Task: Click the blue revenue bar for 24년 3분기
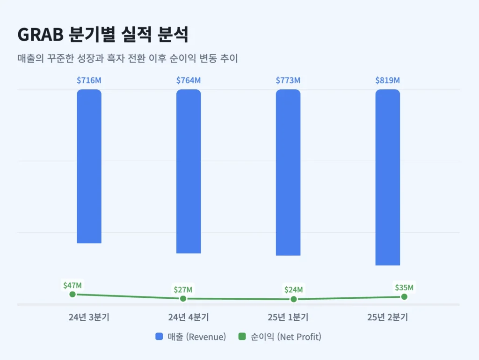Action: (x=89, y=166)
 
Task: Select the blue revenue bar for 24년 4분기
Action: (x=189, y=171)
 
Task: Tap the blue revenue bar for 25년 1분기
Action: (x=288, y=172)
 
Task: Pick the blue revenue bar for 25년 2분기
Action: (x=387, y=177)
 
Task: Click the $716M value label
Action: (x=89, y=80)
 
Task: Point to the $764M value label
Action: (x=189, y=80)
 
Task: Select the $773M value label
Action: (x=288, y=80)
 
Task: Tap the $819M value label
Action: (x=387, y=80)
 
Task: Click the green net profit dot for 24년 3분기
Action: (x=73, y=294)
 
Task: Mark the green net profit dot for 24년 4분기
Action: (x=183, y=298)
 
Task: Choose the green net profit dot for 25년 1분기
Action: (x=293, y=299)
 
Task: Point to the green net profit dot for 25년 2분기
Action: (x=404, y=296)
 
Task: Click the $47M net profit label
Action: (x=73, y=285)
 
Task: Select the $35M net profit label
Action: (x=404, y=287)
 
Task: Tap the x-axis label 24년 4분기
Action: (x=189, y=317)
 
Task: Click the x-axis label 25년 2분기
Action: (x=387, y=317)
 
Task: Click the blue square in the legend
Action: (x=159, y=337)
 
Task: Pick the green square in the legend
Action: (x=242, y=337)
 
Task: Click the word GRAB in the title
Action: (x=39, y=34)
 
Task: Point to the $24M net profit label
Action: (x=293, y=290)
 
